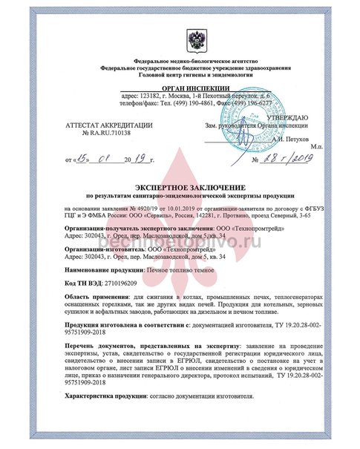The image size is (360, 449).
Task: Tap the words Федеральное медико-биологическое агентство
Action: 180,59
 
